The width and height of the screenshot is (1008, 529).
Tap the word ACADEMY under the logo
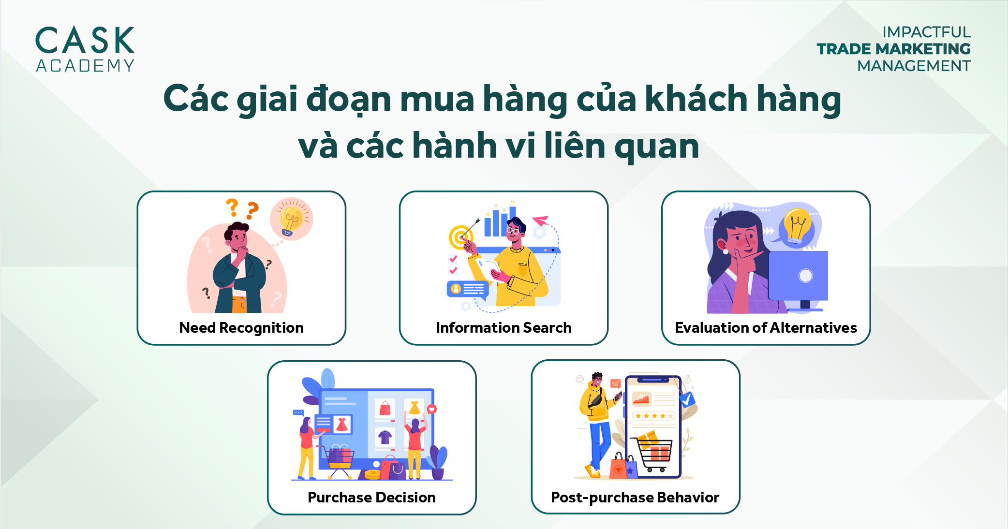[x=85, y=66]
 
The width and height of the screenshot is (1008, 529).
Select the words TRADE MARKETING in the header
[x=893, y=49]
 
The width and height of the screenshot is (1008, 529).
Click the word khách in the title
[x=696, y=99]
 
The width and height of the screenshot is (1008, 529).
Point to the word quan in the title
[x=656, y=146]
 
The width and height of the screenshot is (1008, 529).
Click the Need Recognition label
[x=241, y=328]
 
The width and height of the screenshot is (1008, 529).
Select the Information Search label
[x=504, y=328]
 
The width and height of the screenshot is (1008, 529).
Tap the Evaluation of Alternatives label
[x=766, y=328]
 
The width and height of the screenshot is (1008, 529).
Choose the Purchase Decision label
[x=371, y=498]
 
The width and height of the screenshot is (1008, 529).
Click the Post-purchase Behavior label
[x=635, y=498]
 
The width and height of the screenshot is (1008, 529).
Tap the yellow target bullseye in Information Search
[x=460, y=237]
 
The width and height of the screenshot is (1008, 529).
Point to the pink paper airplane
[x=540, y=221]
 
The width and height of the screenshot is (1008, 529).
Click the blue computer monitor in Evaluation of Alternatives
[x=798, y=276]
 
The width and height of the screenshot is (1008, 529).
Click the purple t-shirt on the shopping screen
[x=385, y=437]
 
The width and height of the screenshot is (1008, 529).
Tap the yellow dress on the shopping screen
[x=415, y=407]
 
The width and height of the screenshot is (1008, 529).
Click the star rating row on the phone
[x=653, y=416]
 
